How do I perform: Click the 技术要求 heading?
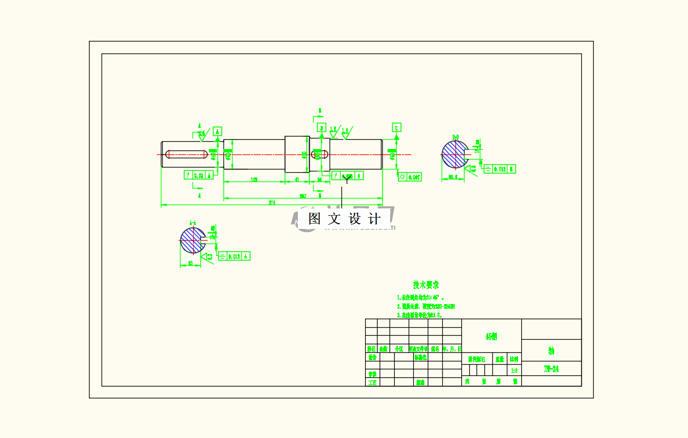[x=426, y=285]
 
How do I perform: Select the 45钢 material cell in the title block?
[x=491, y=336]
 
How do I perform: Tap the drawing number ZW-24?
[x=551, y=369]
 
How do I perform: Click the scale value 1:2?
[x=514, y=370]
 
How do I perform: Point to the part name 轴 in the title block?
[x=551, y=350]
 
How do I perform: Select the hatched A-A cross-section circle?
[x=192, y=240]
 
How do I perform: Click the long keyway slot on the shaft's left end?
[x=186, y=155]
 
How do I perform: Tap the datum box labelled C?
[x=396, y=127]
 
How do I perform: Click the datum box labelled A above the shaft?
[x=218, y=131]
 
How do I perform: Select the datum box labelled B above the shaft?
[x=322, y=127]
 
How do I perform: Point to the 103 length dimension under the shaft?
[x=254, y=179]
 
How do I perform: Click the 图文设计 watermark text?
[x=345, y=219]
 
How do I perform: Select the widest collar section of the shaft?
[x=297, y=154]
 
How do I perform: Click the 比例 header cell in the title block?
[x=514, y=360]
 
